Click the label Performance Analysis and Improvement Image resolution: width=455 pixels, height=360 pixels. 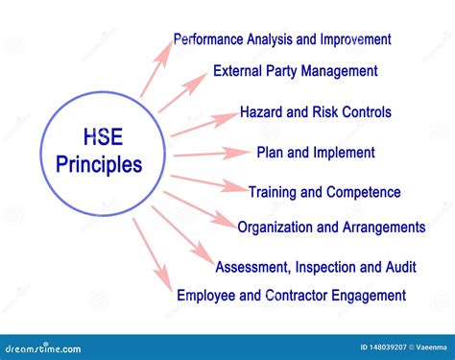[281, 39]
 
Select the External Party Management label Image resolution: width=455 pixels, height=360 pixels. [295, 70]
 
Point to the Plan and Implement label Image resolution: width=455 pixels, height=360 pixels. [315, 152]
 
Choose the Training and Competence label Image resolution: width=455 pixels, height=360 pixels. [324, 192]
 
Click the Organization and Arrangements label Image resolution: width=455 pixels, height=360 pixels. [331, 228]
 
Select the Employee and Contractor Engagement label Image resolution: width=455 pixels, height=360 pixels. [291, 296]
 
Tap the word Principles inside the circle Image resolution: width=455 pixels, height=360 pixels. [97, 164]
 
